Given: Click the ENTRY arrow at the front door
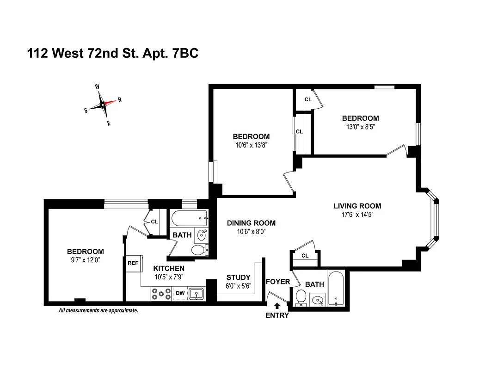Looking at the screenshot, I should [x=277, y=306].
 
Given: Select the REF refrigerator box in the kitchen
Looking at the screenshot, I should [x=133, y=263].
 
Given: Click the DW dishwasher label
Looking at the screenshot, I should [x=179, y=293].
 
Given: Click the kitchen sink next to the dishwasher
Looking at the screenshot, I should [x=197, y=293].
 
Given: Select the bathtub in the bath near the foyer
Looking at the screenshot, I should [x=336, y=289].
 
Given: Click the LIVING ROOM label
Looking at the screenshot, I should [x=357, y=206].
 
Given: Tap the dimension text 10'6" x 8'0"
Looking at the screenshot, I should [x=251, y=231].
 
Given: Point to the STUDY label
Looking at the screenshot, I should [x=238, y=277].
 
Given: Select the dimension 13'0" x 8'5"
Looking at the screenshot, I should [x=360, y=126].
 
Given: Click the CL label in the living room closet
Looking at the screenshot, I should [x=305, y=256].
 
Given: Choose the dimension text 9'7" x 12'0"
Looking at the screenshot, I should [x=86, y=260].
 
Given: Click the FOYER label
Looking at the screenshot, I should [x=278, y=282].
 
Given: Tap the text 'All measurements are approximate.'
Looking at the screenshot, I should [x=98, y=311].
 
